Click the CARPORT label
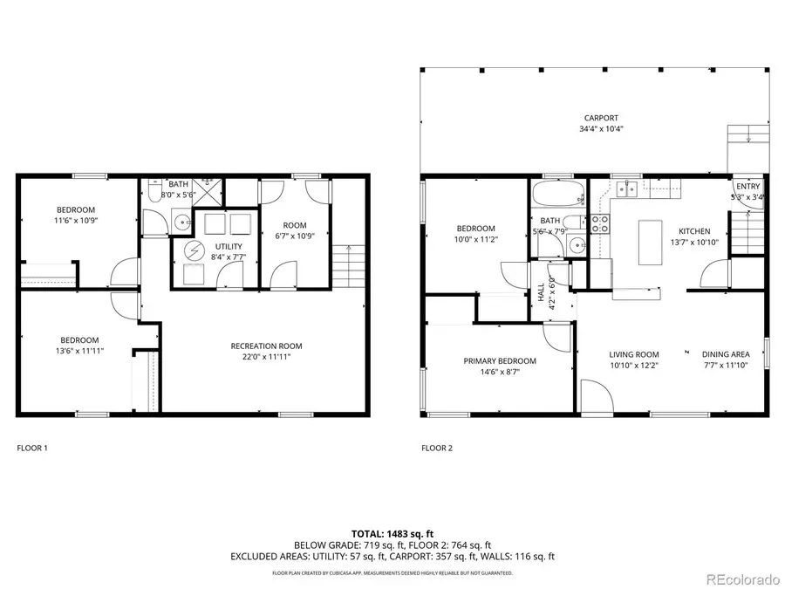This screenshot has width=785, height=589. click(x=601, y=118)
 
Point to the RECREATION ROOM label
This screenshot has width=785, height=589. click(x=266, y=345)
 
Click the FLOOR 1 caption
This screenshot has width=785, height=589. click(x=33, y=448)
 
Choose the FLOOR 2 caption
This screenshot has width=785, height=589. click(x=437, y=448)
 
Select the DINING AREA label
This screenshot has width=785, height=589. click(x=725, y=354)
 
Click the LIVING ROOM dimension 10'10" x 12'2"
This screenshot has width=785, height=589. click(x=633, y=366)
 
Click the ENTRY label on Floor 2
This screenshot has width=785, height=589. click(x=747, y=187)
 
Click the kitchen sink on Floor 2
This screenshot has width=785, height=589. click(x=625, y=188)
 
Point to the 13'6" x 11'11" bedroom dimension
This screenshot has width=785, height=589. click(x=78, y=352)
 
